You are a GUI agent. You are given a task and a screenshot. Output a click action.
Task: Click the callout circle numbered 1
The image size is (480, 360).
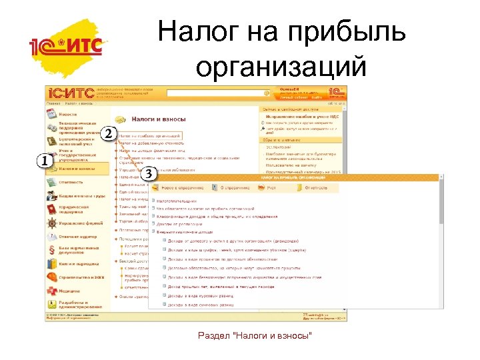click(45, 161)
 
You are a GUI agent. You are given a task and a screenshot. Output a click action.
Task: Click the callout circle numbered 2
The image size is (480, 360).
click(108, 133)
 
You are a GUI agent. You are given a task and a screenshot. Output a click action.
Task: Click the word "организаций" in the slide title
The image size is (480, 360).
click(282, 66)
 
